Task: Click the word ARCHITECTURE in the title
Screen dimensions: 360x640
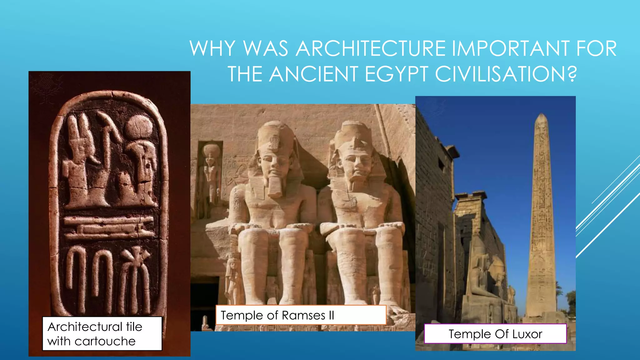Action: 371,49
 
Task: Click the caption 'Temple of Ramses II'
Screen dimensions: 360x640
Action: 277,315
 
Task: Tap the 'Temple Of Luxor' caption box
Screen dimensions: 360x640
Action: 495,334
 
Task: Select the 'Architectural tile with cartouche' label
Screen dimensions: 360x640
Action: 102,334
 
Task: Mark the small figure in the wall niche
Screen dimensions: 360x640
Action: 211,175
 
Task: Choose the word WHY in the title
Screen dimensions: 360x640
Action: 212,49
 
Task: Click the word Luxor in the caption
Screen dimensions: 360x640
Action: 527,334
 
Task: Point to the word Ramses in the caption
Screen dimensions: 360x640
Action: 303,315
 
